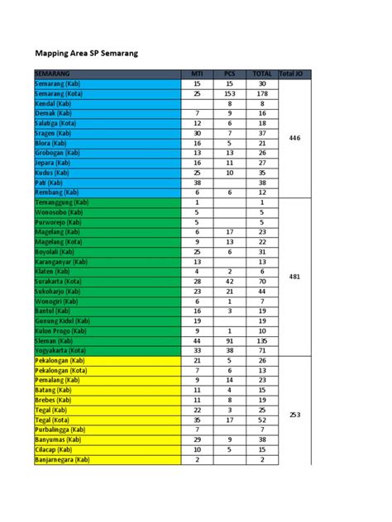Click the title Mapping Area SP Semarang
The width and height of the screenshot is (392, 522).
point(85,54)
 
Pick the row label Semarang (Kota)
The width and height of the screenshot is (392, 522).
point(59,94)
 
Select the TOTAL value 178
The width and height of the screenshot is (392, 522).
point(261,94)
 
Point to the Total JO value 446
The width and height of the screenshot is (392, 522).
point(294,138)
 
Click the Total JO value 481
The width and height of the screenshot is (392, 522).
point(294,277)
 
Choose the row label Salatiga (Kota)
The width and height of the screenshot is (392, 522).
point(57,123)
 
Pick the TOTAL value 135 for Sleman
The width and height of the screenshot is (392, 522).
point(261,340)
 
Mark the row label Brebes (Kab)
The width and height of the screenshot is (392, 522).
point(53,400)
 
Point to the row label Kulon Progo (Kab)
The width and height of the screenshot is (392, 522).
point(62,330)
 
